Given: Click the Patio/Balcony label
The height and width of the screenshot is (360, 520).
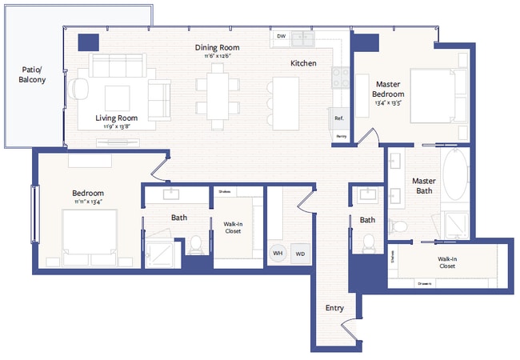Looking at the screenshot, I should click(32, 74).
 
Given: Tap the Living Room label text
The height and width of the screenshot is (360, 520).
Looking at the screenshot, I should click(118, 117).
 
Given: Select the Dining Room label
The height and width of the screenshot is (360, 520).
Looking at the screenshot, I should click(217, 47).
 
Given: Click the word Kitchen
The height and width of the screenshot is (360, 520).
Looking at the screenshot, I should click(303, 63).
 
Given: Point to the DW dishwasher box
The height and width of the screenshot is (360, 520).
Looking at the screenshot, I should click(281, 37).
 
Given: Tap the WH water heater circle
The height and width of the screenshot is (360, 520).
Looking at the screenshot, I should click(278, 253).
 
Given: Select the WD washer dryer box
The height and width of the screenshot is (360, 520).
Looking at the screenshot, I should click(300, 253).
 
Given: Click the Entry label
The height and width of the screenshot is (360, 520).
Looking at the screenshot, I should click(334, 308).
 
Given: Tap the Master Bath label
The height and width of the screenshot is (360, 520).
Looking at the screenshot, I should click(423, 186).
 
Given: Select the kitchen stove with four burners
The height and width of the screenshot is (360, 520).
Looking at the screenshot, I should click(341, 78).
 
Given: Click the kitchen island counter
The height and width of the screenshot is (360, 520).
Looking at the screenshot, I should click(284, 103).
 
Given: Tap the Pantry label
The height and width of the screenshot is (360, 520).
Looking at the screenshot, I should click(342, 137).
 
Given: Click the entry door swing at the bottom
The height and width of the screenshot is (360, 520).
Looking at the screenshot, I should click(349, 327).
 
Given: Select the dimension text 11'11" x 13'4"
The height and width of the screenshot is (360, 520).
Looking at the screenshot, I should click(89, 202).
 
